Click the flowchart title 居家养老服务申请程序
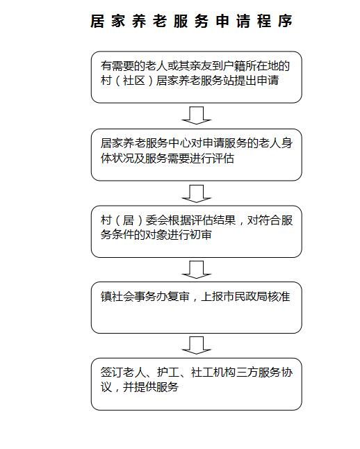pos(191,21)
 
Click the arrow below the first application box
pos(197,115)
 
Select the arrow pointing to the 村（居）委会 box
pos(197,194)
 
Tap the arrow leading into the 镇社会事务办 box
pos(197,270)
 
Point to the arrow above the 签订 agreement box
pos(197,345)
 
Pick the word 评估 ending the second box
pos(223,158)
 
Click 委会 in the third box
pos(156,220)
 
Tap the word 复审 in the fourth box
pos(178,296)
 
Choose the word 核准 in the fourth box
pos(279,296)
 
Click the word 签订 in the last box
pos(111,373)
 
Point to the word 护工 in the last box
pos(167,373)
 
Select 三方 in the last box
pos(247,373)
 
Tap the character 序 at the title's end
pos(285,21)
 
